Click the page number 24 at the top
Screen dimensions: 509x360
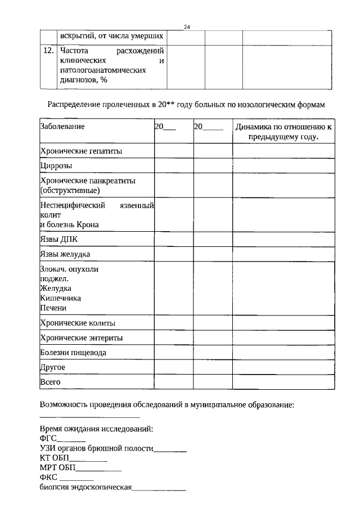(x=187, y=27)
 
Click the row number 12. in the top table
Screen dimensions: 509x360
(x=48, y=51)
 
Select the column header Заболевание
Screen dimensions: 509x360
(x=62, y=127)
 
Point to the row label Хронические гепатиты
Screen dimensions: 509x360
(x=81, y=151)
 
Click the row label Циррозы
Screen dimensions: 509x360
(x=56, y=166)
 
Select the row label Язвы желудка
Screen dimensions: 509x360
(x=65, y=254)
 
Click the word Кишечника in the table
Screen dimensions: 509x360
(x=60, y=298)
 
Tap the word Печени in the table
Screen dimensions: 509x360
(x=53, y=308)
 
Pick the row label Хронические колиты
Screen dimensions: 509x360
(x=78, y=323)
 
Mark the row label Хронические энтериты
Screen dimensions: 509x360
(x=82, y=338)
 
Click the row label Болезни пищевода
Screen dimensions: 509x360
(x=73, y=353)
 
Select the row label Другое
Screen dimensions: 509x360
(x=53, y=367)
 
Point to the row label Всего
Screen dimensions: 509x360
(x=51, y=382)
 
